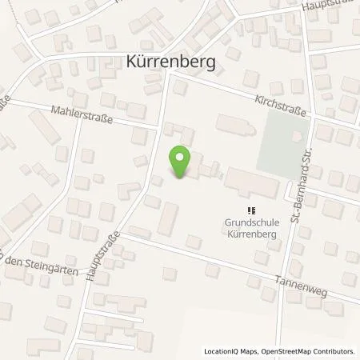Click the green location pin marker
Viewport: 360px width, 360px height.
[181, 162]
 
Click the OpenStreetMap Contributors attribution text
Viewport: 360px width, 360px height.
[312, 352]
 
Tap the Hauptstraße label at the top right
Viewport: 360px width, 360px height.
[328, 5]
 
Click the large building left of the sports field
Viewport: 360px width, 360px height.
[233, 126]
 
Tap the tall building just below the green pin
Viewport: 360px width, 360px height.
[168, 218]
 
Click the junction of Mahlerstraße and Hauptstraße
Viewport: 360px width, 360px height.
[158, 126]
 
